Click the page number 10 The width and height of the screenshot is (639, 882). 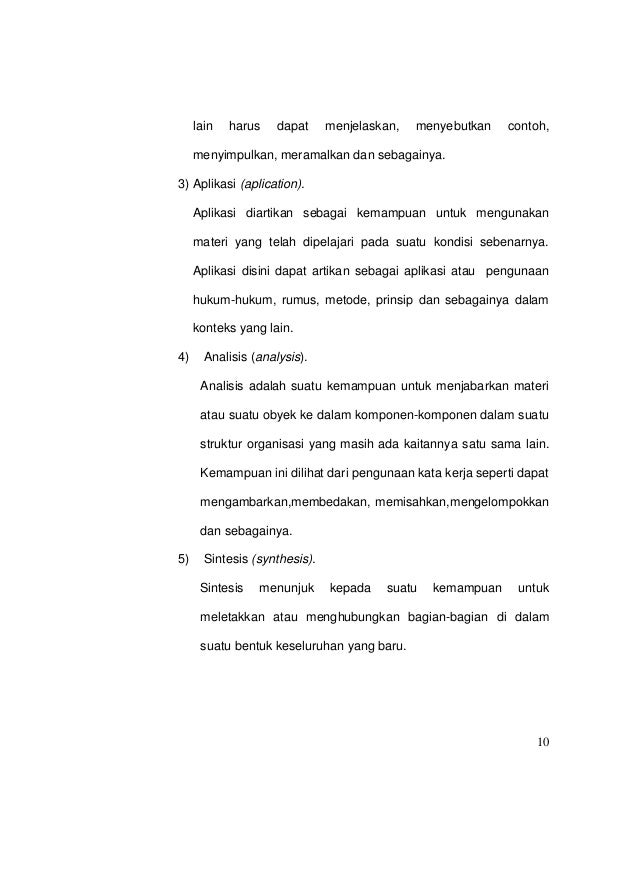click(541, 741)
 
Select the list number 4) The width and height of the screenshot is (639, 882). click(182, 357)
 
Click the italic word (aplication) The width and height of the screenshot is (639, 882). click(272, 185)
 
